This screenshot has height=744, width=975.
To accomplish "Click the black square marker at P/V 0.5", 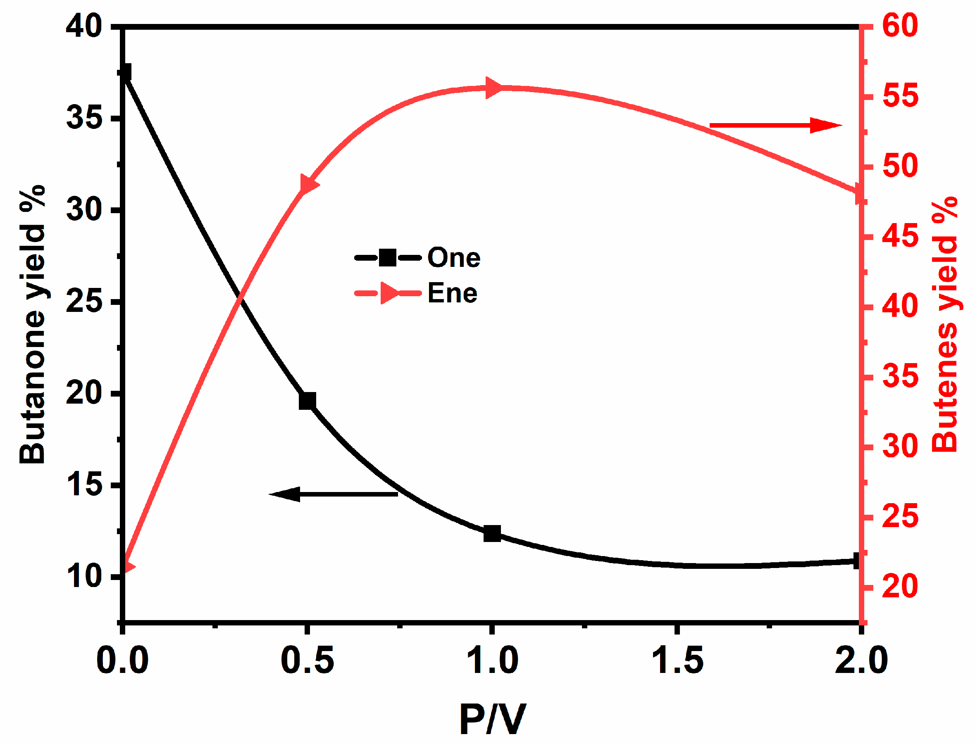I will click(308, 401).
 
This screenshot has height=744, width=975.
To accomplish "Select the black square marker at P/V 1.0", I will click(492, 534).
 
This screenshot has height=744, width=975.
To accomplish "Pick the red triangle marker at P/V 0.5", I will click(309, 184).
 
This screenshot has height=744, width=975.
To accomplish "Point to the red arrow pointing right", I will click(775, 125).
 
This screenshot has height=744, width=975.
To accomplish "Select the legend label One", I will click(454, 258).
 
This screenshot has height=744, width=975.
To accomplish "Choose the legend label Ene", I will click(452, 293).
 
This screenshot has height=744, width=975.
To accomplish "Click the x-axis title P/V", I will click(493, 720).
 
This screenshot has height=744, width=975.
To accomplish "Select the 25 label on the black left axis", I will click(84, 302).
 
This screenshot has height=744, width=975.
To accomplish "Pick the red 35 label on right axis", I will click(900, 377).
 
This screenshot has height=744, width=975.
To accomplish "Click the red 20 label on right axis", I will click(900, 587).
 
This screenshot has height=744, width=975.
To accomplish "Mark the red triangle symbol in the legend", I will click(389, 293).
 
